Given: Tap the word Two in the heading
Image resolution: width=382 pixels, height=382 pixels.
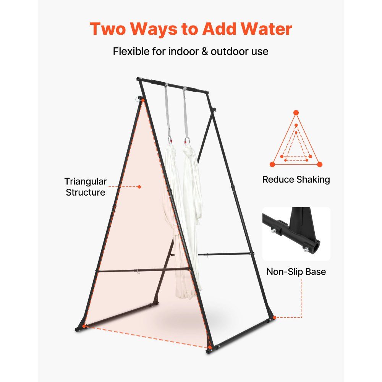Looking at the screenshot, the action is click(x=108, y=29).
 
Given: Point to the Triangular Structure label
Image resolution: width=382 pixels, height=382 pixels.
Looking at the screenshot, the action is click(x=86, y=187).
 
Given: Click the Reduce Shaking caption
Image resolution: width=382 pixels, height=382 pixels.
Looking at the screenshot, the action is click(x=296, y=180).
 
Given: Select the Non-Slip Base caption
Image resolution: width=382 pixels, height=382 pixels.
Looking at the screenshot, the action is click(x=296, y=272).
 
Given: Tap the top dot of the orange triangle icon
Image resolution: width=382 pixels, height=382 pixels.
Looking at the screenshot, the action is click(x=296, y=113).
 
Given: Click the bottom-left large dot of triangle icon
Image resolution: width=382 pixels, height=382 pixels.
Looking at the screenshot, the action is click(x=272, y=164).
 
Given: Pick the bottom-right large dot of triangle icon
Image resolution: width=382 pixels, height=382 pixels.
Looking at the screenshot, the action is click(x=320, y=164).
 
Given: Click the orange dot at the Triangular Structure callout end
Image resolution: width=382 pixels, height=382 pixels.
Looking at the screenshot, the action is click(x=139, y=187).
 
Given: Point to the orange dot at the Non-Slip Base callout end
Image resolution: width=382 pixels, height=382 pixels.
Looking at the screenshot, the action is click(x=275, y=317).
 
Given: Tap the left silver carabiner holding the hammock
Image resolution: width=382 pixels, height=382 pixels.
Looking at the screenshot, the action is click(x=170, y=141).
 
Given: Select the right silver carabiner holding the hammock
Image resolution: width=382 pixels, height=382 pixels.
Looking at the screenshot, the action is click(x=187, y=141).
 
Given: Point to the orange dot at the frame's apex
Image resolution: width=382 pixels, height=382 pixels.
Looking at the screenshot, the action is click(x=143, y=100).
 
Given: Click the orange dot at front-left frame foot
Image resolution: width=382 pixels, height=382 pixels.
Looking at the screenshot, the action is click(x=84, y=326).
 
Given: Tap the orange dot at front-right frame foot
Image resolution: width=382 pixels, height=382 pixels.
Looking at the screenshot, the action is click(x=210, y=347).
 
